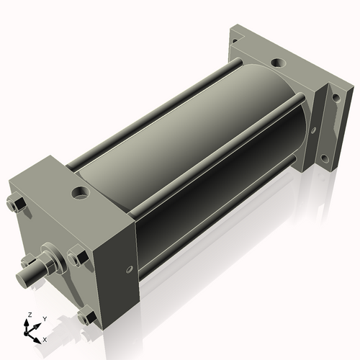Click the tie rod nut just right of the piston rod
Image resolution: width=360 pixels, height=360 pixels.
pos(77,255)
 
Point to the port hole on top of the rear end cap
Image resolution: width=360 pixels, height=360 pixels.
pos(276,60)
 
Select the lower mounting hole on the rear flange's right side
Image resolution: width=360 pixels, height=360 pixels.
pos(325,158)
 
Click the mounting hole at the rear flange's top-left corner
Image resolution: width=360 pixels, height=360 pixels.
pos(233,42)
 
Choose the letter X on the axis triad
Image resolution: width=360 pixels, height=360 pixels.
pos(45,338)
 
